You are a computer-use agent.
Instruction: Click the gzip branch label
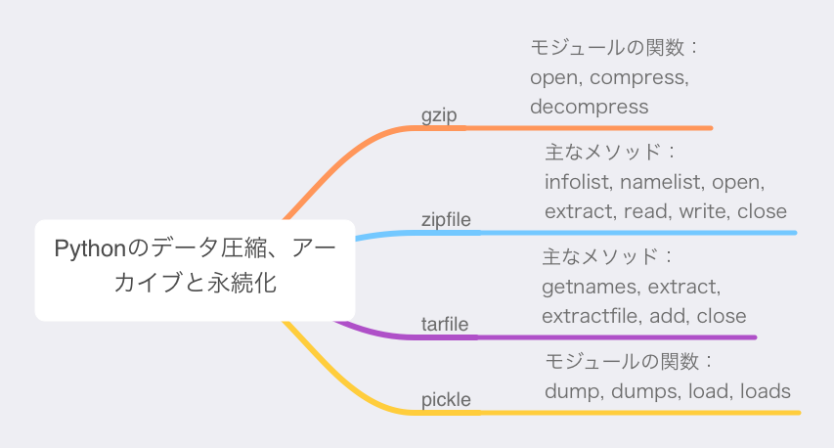pos(439,115)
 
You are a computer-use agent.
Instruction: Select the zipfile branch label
pos(446,219)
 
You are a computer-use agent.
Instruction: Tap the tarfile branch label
pos(445,324)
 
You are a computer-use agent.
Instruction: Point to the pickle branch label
pos(446,400)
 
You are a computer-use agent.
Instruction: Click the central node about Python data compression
pos(195,270)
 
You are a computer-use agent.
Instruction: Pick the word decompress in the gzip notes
pos(590,107)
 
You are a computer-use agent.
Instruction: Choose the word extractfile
pos(591,316)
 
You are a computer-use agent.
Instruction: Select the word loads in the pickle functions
pos(766,391)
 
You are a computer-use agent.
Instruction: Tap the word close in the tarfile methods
pos(722,316)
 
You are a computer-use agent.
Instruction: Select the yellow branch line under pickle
pos(532,413)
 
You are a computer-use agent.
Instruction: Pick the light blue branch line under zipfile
pos(575,233)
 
